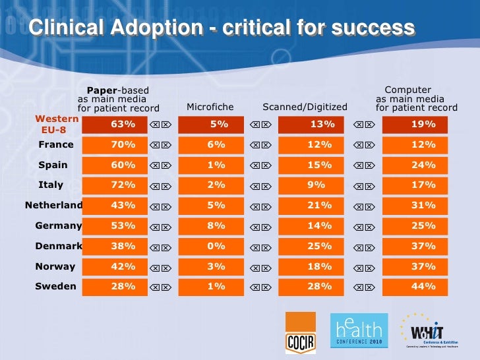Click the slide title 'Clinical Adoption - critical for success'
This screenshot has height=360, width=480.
coord(222,28)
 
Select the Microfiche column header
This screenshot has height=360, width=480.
coord(210,107)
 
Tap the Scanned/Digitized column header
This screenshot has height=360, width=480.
coord(305,107)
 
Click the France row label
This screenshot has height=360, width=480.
coord(56,144)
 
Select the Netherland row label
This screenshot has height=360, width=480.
coord(54,205)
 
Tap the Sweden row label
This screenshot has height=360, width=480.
coord(56,287)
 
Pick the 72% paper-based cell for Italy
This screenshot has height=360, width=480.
coord(123,185)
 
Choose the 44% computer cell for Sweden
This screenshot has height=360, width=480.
coord(423,287)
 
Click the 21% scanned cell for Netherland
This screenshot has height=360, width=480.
coord(320,205)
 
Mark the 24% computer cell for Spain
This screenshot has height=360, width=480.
coord(423,165)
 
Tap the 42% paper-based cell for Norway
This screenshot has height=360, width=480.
coord(123,266)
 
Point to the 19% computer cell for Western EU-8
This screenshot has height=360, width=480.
coord(423,124)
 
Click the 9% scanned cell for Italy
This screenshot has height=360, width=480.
coord(320,185)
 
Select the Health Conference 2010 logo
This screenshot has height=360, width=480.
coord(358,330)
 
